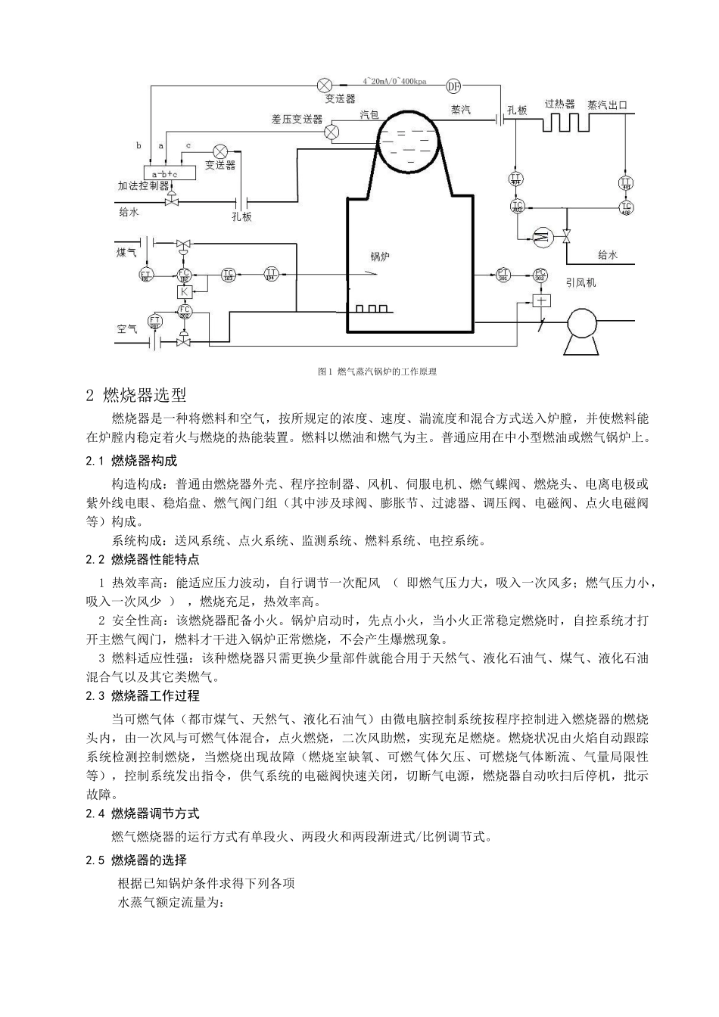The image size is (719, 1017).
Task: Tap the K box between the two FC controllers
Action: point(183,291)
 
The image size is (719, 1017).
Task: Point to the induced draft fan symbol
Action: point(583,322)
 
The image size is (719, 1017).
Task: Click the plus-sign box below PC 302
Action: point(540,300)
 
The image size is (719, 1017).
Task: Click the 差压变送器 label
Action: point(297,120)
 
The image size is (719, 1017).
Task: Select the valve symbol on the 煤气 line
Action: point(183,245)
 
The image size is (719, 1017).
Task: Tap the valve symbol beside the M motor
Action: point(568,236)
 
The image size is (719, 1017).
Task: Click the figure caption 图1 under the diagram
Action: point(377,372)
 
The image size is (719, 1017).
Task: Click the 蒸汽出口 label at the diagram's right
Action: point(607,105)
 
